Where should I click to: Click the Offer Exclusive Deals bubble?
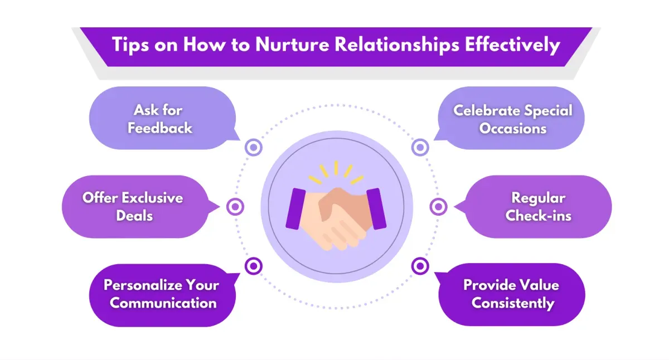coord(134,207)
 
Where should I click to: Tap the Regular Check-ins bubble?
coord(539,207)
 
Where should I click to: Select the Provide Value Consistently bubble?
coord(512,295)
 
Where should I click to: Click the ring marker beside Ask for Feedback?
coord(254,148)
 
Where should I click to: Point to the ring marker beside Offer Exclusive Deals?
coord(235,207)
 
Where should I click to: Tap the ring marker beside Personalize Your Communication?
coord(254,266)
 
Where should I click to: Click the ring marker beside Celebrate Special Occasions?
coord(420,148)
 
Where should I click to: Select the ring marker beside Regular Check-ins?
coord(438,207)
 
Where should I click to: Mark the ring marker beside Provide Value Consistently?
coord(420,266)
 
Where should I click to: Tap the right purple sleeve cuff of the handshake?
coord(376,209)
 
